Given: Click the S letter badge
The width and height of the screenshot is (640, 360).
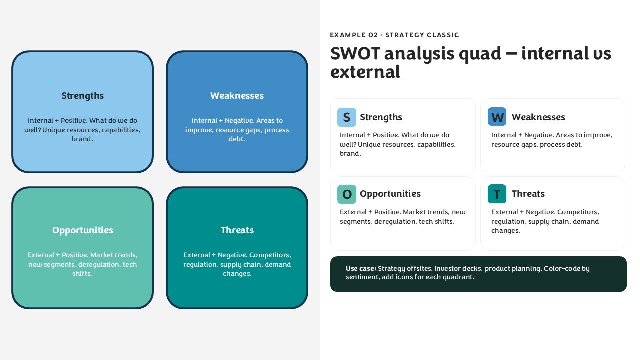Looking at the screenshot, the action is pos(347,117).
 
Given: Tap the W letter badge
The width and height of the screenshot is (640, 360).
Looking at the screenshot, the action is pos(497,117).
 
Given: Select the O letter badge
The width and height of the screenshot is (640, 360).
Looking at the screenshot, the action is pos(347,194).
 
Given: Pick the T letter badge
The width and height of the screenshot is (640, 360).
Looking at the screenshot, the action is pos(497,194).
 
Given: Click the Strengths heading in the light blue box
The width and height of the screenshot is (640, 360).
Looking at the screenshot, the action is pos(83,96).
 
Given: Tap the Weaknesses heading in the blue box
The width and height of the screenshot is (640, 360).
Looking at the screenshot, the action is pos(237,95).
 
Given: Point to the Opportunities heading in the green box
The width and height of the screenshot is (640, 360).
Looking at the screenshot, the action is pos(83,230).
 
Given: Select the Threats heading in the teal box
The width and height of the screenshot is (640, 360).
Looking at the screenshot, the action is pos(237,230).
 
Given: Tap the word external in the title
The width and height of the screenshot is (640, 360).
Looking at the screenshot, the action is pos(365,72).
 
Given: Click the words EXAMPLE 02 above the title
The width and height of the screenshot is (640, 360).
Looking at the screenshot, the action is pos(354,35).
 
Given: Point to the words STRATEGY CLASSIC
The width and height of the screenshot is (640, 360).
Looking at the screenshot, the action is pos(422,35).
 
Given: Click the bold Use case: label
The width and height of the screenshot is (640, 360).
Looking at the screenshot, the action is pos(361,268).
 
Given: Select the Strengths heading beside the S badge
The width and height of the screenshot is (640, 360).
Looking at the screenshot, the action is pos(381,117).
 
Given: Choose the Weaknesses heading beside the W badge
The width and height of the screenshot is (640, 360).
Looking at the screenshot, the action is pos(538,117).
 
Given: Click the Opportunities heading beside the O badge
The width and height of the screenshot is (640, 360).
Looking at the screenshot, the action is pos(390,194).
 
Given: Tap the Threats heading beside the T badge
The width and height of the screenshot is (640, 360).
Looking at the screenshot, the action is pos(528,193).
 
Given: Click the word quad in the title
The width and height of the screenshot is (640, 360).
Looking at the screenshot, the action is pos(480,54).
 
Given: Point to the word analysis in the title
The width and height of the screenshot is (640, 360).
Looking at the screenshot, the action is pos(419,54).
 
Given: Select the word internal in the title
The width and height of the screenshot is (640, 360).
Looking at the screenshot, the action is pos(553,53).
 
